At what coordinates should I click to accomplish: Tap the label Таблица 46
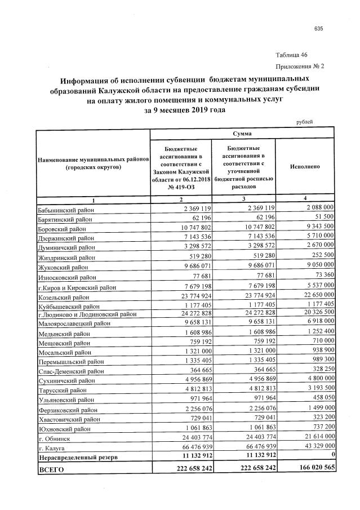[291, 55]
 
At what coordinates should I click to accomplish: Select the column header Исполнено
[305, 167]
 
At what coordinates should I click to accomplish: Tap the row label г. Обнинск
[55, 437]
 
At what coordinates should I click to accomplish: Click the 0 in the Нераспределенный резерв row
[333, 456]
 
